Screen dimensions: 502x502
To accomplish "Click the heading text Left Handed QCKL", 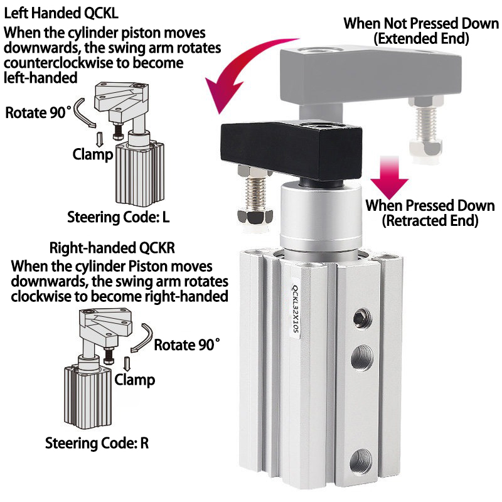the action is click(61, 13).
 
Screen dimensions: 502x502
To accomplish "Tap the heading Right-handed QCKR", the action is click(112, 248).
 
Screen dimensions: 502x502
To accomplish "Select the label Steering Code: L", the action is click(118, 217).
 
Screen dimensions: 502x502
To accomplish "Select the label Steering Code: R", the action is click(97, 443).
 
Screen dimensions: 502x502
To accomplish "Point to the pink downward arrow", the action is click(389, 178).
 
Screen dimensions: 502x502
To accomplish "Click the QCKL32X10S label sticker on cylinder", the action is click(294, 308).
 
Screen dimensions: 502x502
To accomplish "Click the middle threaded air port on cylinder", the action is click(362, 358).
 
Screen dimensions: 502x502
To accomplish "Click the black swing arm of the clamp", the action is click(291, 151).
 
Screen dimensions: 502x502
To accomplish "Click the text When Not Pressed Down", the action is click(421, 23).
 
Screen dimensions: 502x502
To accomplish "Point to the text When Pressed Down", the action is click(430, 206).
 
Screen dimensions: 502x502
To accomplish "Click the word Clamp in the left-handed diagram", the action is click(93, 154).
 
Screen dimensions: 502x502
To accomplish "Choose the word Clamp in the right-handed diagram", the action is click(135, 380).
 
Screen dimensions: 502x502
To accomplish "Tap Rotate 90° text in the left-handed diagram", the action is click(38, 113).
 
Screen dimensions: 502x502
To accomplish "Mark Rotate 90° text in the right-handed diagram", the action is click(187, 344).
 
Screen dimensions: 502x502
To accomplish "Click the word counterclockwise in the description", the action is click(58, 63).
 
